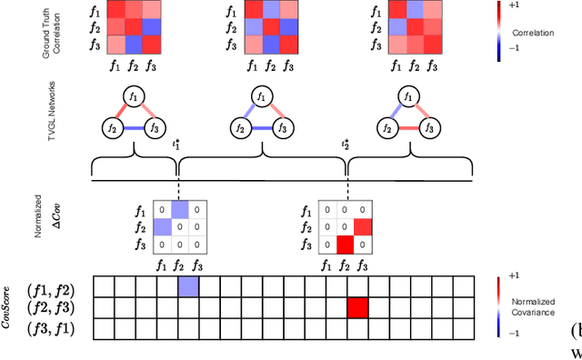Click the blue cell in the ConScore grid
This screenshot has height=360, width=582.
coord(188,287)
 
